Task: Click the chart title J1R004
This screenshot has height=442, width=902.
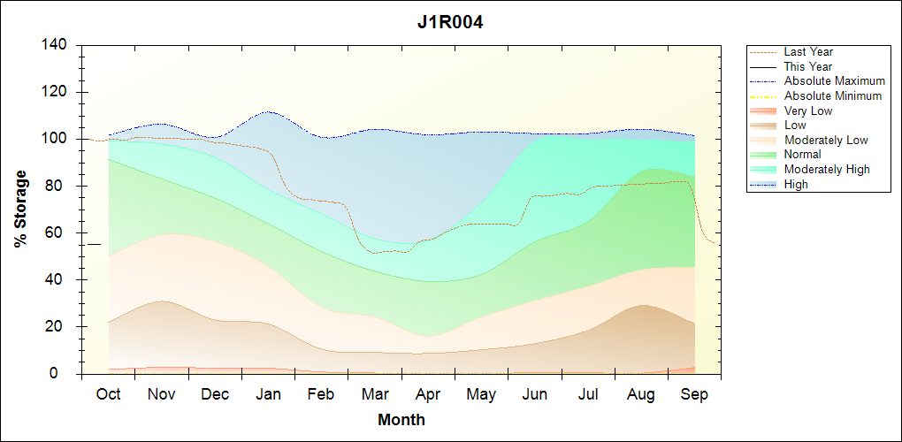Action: tap(450, 22)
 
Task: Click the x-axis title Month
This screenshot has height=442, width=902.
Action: tap(401, 419)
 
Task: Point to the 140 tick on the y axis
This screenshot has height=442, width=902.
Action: tap(57, 45)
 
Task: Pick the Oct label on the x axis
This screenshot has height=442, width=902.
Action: tap(108, 394)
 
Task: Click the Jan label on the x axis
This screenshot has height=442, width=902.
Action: tap(268, 394)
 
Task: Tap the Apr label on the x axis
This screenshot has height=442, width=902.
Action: tap(428, 394)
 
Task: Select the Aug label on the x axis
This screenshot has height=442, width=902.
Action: tap(641, 394)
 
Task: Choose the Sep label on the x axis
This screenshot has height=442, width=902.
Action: tap(694, 394)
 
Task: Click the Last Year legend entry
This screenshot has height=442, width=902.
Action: tap(808, 52)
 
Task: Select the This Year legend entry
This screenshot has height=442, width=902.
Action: tap(808, 66)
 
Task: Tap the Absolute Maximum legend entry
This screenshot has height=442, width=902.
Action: tap(834, 81)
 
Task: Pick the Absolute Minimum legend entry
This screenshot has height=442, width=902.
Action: tap(833, 96)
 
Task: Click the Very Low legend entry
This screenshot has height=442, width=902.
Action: tap(808, 110)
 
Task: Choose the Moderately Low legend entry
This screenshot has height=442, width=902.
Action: tap(826, 140)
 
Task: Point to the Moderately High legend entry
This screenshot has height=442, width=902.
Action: tap(827, 169)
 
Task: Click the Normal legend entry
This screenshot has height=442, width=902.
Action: tap(802, 155)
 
